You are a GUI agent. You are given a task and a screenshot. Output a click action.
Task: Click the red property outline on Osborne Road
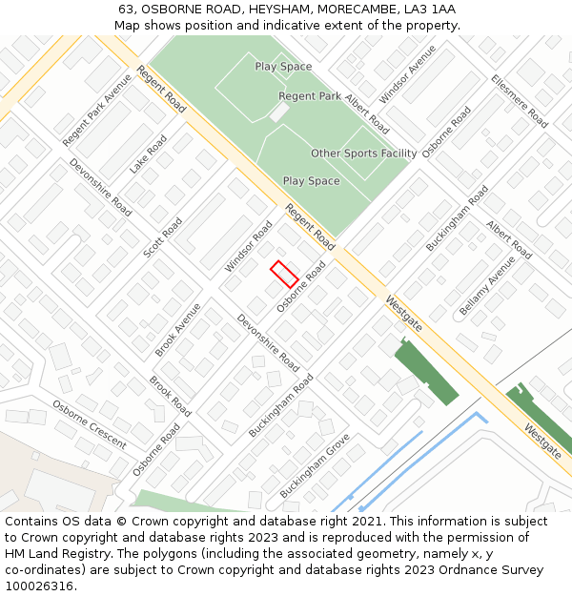coord(284,275)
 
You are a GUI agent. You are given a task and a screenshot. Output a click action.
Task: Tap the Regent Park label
coord(310,96)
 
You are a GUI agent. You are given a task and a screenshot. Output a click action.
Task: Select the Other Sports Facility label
coord(363,154)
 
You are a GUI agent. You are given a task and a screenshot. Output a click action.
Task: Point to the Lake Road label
coord(149,154)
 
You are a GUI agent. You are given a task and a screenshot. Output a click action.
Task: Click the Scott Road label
coord(162,237)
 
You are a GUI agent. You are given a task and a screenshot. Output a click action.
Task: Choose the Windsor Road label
coord(249,245)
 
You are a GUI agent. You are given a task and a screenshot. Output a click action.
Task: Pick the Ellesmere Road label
coord(520,101)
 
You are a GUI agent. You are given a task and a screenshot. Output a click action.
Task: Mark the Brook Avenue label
coord(177,330)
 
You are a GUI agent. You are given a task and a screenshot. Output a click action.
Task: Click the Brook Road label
coord(170,396)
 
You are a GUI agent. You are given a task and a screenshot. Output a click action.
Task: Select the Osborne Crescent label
coord(89,424)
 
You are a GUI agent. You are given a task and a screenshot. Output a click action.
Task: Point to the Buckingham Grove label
coord(315,465)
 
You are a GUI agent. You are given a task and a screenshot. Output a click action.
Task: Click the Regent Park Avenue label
coord(97,110)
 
